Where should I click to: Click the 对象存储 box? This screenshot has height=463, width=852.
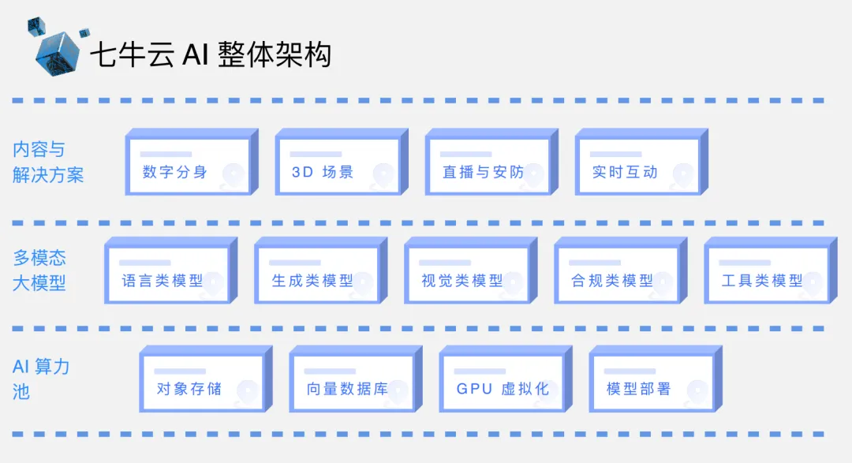click(x=200, y=383)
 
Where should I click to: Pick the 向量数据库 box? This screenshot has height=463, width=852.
click(x=350, y=383)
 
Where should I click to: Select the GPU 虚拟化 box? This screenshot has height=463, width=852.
click(x=500, y=383)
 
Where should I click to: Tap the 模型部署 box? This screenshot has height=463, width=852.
click(x=650, y=383)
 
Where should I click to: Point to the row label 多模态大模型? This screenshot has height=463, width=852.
click(x=39, y=270)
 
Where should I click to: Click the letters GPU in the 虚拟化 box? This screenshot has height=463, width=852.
click(x=474, y=389)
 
